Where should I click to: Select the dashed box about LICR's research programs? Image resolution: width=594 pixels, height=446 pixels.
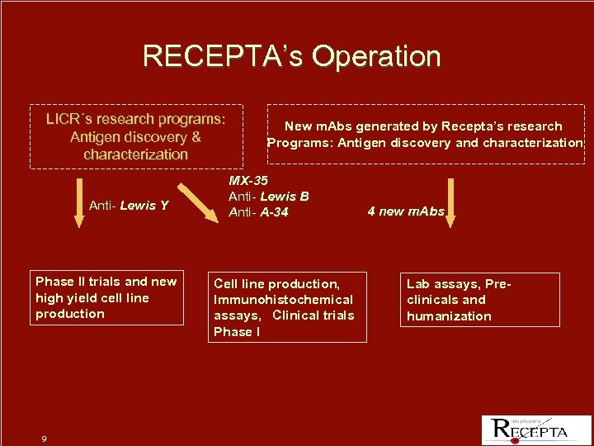[136, 136]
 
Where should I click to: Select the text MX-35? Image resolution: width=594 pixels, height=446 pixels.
[247, 180]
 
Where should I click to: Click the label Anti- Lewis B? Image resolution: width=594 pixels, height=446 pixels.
[269, 197]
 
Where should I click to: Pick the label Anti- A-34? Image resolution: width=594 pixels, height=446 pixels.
[258, 213]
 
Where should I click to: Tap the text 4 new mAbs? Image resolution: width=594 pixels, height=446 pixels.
[406, 211]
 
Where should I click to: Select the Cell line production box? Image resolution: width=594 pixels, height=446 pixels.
[286, 307]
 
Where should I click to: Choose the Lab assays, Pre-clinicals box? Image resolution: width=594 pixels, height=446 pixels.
[479, 300]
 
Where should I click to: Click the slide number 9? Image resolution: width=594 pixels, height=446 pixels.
[44, 439]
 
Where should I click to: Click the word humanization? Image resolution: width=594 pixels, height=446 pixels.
[449, 316]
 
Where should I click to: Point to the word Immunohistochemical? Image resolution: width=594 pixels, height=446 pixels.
[283, 300]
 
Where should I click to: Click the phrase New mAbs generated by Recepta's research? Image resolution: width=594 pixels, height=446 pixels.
[423, 126]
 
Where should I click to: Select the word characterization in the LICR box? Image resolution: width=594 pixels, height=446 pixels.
[136, 154]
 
